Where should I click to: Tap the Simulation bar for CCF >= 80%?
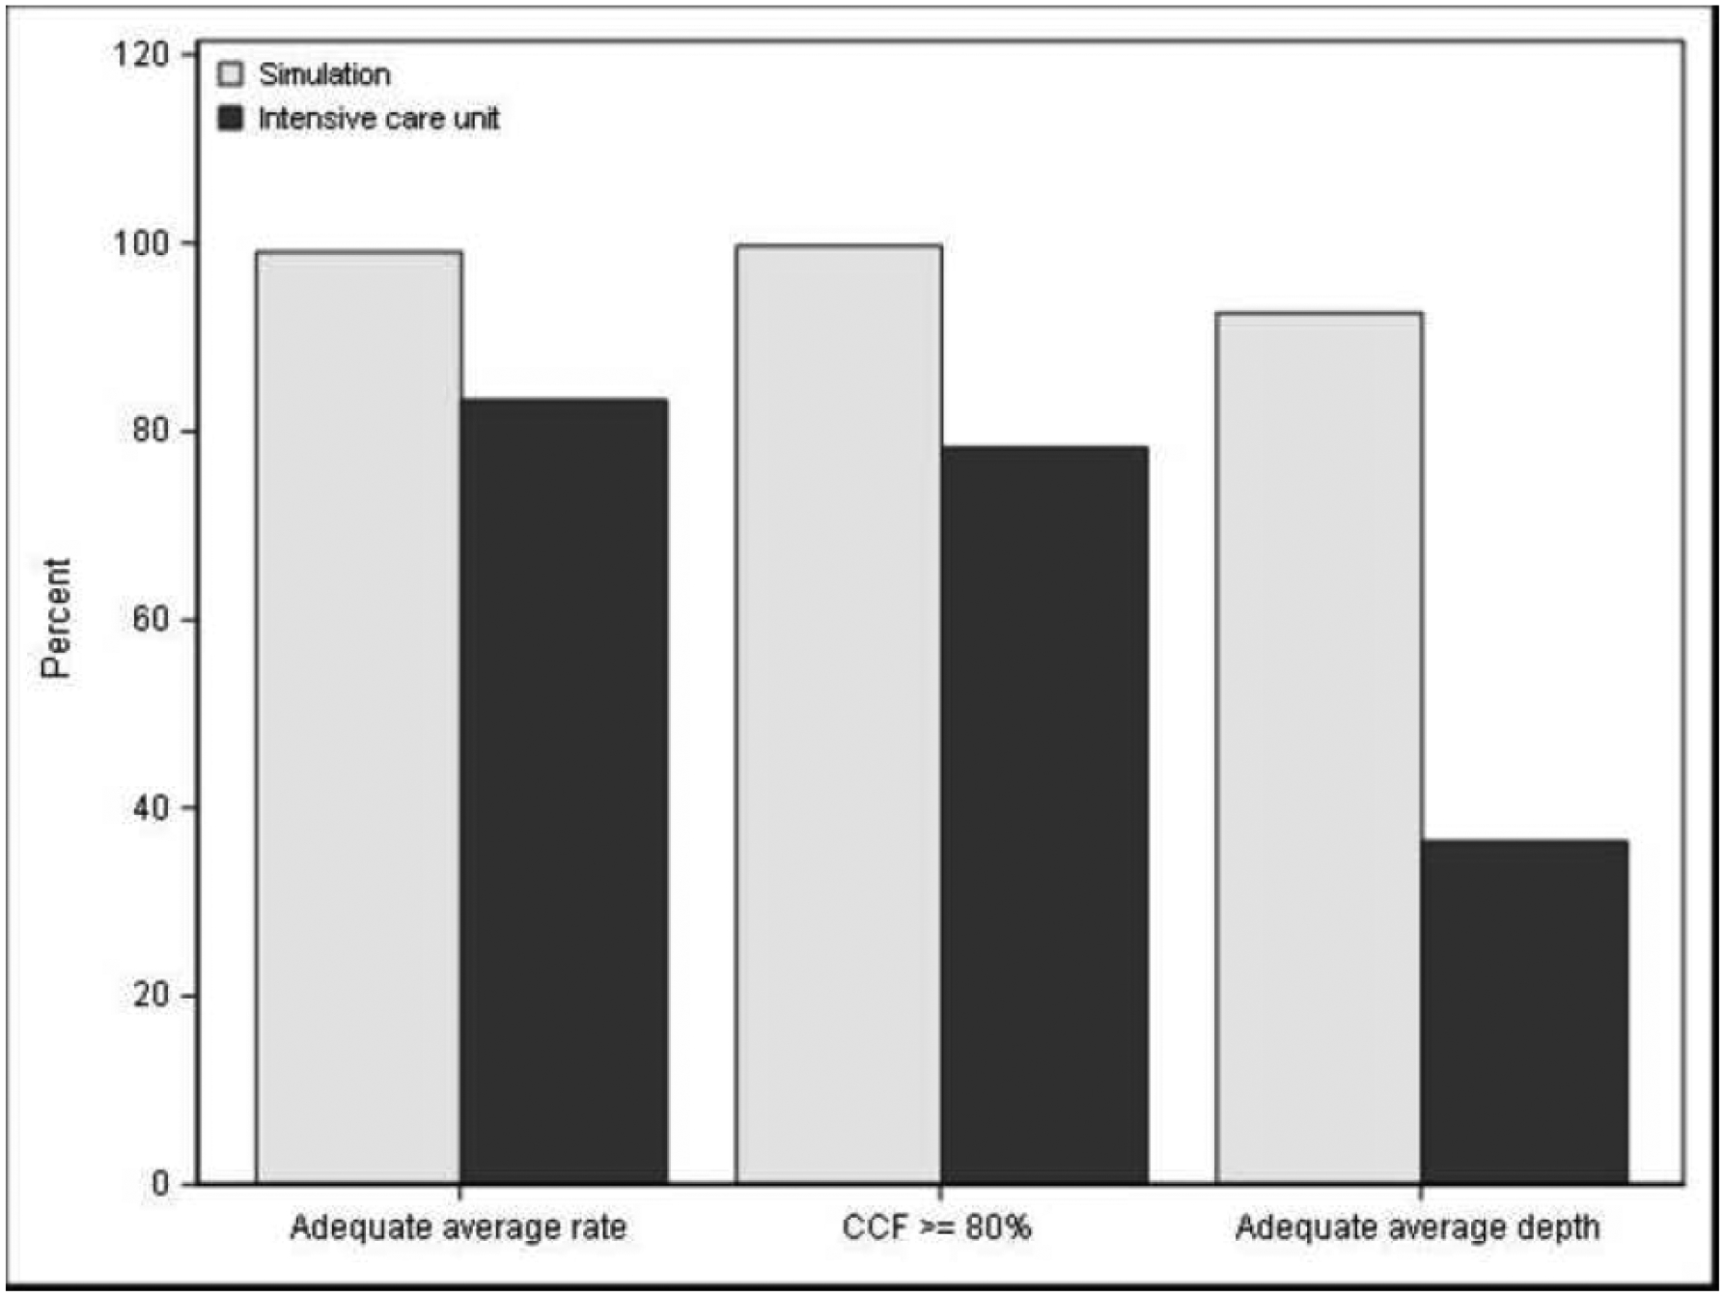pyautogui.click(x=838, y=714)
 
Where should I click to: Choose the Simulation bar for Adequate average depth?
pyautogui.click(x=1319, y=747)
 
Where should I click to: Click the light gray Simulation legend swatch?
pyautogui.click(x=232, y=74)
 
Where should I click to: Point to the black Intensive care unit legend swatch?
pyautogui.click(x=232, y=119)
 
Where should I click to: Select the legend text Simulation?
pyautogui.click(x=324, y=74)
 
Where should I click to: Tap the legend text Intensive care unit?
pyautogui.click(x=378, y=119)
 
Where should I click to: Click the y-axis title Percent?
pyautogui.click(x=56, y=618)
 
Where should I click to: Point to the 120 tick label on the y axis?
pyautogui.click(x=140, y=53)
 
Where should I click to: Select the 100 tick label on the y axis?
pyautogui.click(x=140, y=242)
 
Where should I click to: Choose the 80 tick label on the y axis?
pyautogui.click(x=150, y=431)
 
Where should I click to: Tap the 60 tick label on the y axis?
pyautogui.click(x=150, y=619)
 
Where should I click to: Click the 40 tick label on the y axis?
pyautogui.click(x=150, y=807)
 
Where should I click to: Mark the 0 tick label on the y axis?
pyautogui.click(x=159, y=1184)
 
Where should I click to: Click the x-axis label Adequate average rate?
pyautogui.click(x=458, y=1227)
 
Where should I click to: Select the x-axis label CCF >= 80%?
pyautogui.click(x=936, y=1227)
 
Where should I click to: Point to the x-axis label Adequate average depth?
pyautogui.click(x=1417, y=1227)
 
